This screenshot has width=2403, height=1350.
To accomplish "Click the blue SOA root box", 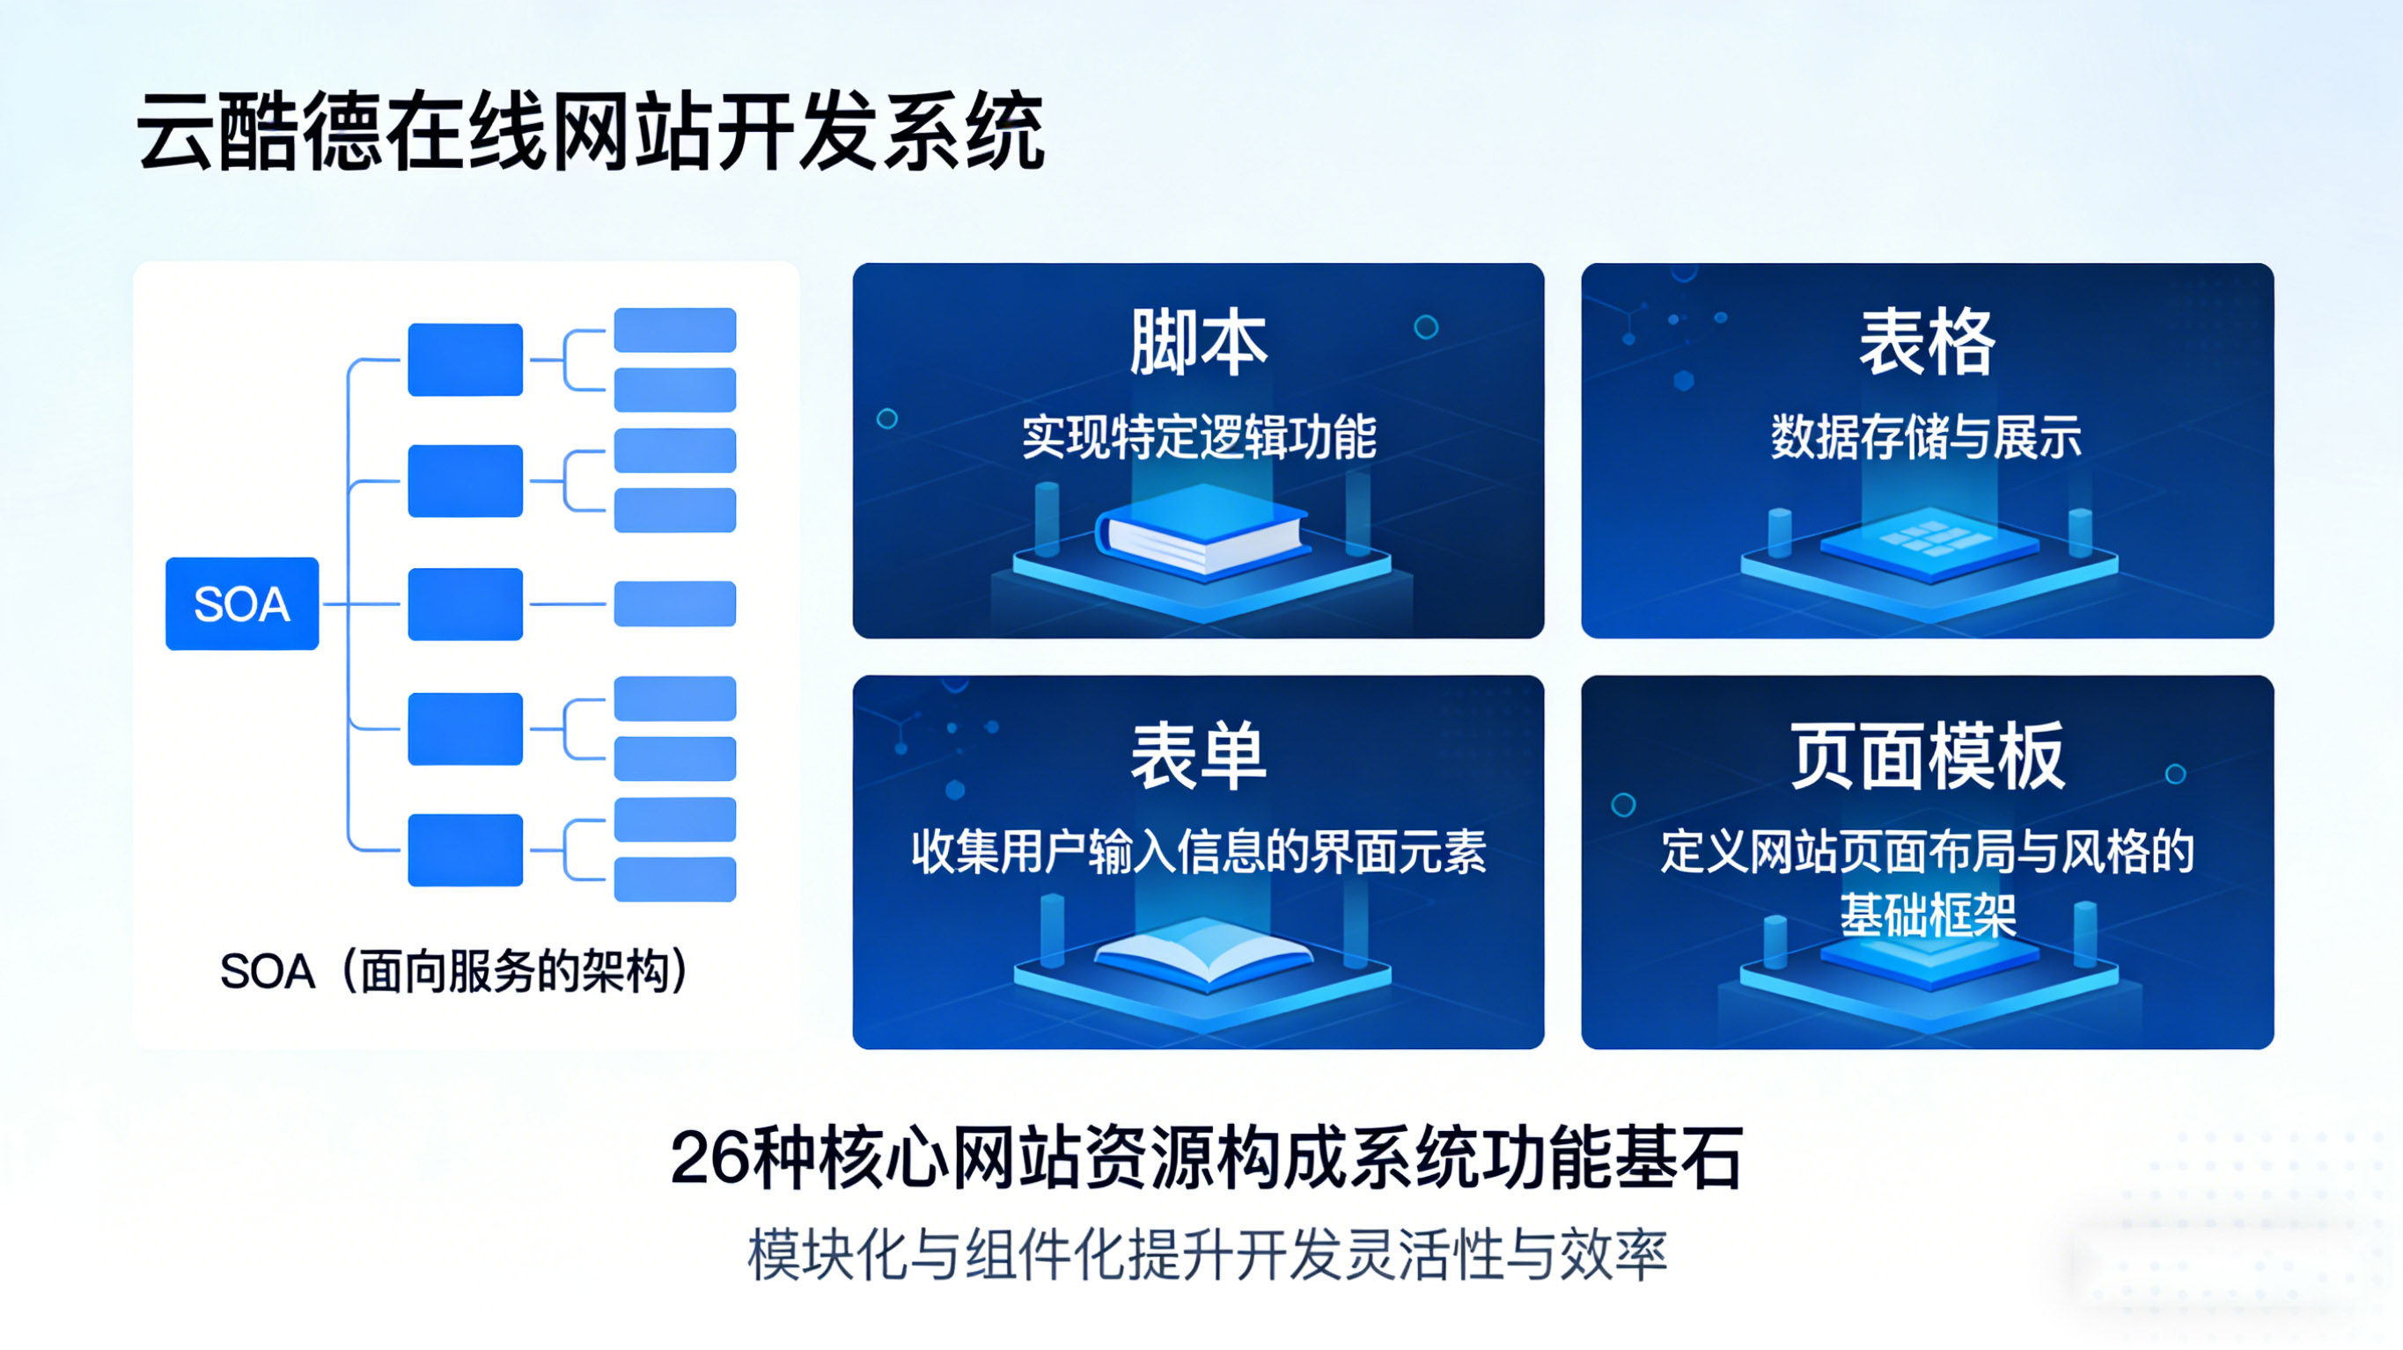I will (x=241, y=603).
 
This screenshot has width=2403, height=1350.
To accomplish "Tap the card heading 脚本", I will (x=1198, y=342).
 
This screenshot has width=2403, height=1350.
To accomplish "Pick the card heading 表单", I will (x=1198, y=755).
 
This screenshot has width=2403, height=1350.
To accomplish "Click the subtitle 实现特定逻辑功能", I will (x=1198, y=436).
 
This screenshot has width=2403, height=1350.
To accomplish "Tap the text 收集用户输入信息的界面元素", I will (x=1198, y=851).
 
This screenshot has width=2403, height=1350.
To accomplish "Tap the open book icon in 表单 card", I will (x=1203, y=951).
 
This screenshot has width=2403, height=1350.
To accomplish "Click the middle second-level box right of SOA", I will (x=465, y=603).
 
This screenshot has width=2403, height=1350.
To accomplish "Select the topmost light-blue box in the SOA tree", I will (x=674, y=329).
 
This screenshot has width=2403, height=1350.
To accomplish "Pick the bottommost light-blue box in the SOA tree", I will (x=674, y=879).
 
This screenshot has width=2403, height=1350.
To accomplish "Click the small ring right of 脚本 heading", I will (x=1425, y=327).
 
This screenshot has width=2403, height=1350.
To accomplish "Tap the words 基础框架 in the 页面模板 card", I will (x=1928, y=915).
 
